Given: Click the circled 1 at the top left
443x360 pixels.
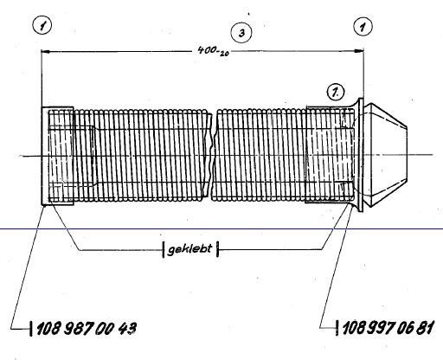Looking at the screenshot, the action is (x=42, y=26).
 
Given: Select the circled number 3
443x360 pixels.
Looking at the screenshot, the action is (x=241, y=33).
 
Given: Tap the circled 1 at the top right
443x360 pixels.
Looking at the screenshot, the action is (x=363, y=26).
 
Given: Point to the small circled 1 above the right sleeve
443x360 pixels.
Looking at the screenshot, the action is (x=336, y=93).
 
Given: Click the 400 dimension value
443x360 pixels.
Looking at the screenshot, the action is (x=208, y=50).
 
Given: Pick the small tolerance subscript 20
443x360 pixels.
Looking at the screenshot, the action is (x=224, y=53).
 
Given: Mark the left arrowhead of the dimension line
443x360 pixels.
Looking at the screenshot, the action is (x=46, y=52).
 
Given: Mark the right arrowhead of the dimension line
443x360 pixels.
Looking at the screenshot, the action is (x=358, y=51).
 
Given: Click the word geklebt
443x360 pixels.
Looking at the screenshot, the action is (x=189, y=249).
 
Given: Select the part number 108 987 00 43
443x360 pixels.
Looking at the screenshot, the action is (x=87, y=328).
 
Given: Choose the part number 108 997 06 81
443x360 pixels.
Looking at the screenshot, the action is (x=388, y=328).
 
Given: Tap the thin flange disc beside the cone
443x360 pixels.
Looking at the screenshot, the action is (x=360, y=155).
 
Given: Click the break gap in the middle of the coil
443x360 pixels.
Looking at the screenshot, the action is (x=213, y=156).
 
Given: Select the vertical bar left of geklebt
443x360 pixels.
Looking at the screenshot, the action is (x=164, y=249).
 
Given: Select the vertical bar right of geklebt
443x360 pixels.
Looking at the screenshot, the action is (x=218, y=249).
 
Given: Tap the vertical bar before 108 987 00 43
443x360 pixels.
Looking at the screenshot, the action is (x=31, y=328).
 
